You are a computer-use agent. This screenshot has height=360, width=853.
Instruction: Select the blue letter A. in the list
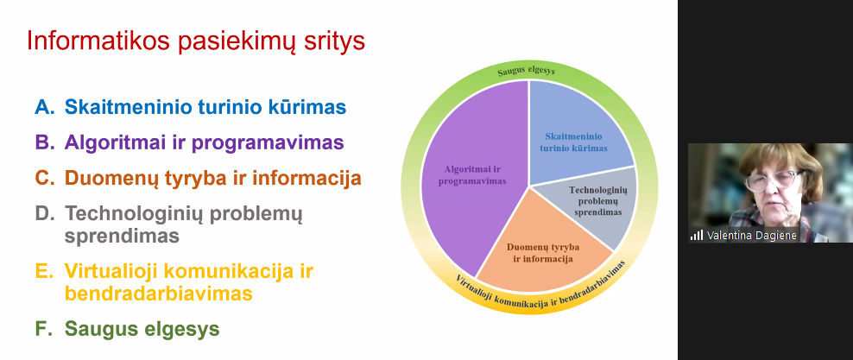(45, 107)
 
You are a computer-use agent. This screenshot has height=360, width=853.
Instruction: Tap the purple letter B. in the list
(45, 142)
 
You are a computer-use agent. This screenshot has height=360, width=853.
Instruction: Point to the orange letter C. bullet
(45, 179)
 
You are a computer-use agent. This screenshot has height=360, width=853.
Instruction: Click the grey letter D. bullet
(45, 214)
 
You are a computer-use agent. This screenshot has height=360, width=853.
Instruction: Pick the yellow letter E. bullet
(45, 271)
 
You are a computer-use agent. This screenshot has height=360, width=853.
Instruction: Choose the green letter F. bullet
(45, 328)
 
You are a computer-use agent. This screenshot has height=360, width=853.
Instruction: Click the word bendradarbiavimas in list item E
(158, 294)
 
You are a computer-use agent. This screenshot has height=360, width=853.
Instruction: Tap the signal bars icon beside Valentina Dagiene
(697, 236)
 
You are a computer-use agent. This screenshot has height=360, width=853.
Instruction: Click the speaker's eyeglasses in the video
(769, 180)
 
